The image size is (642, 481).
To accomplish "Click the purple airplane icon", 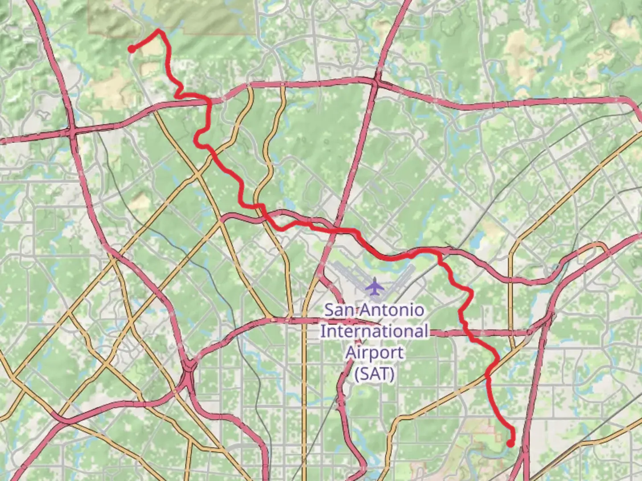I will click(x=375, y=286).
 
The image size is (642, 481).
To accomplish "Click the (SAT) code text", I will click(x=374, y=373).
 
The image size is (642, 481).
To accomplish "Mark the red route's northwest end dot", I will click(x=132, y=49).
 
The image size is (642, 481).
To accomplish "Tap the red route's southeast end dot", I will click(x=510, y=444).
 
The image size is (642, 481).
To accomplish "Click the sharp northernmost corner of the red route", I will click(x=158, y=30).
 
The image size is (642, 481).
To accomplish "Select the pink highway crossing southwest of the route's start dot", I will click(x=71, y=132).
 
